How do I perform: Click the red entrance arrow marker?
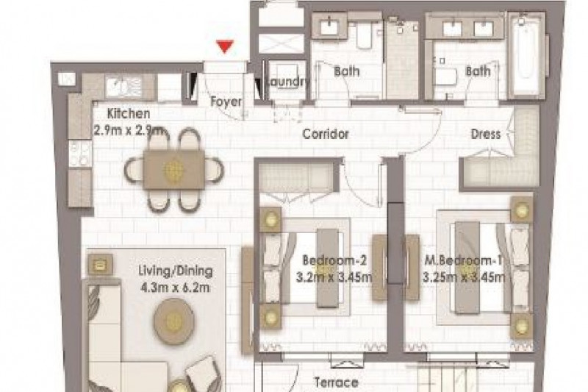click(x=225, y=46)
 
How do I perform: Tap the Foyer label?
click(x=226, y=101)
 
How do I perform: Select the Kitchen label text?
click(x=128, y=113)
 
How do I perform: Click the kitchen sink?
click(x=119, y=87)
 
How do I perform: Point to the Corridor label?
click(x=326, y=134)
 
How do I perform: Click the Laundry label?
click(x=287, y=82)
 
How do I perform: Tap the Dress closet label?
click(x=486, y=134)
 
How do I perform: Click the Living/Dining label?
click(x=175, y=271)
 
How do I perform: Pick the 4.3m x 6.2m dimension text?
click(x=175, y=288)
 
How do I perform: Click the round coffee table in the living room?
click(x=173, y=321)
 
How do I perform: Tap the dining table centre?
click(x=174, y=171)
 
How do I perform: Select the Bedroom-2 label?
click(x=334, y=260)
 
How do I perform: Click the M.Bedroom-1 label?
click(x=463, y=260)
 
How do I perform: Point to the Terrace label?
click(x=337, y=382)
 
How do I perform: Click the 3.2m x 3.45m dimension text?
click(x=334, y=277)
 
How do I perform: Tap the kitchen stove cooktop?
click(x=80, y=154)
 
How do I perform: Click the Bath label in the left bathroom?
click(x=346, y=71)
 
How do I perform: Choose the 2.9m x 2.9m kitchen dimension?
click(x=128, y=130)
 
